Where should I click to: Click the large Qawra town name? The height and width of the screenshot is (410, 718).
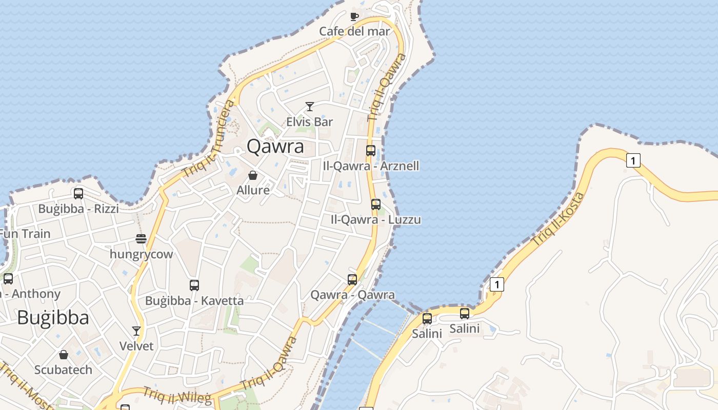pyautogui.click(x=275, y=147)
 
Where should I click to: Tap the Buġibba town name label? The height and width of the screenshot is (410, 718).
pyautogui.click(x=53, y=318)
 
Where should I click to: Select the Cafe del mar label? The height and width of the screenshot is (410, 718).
pyautogui.click(x=354, y=31)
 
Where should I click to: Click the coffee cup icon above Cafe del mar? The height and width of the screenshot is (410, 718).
pyautogui.click(x=354, y=16)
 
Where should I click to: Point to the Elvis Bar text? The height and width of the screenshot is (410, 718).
pyautogui.click(x=309, y=122)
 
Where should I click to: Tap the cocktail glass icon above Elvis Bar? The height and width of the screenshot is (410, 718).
pyautogui.click(x=309, y=107)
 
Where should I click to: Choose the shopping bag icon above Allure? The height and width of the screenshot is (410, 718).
pyautogui.click(x=253, y=175)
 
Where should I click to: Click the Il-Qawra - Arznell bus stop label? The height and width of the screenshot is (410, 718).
pyautogui.click(x=371, y=166)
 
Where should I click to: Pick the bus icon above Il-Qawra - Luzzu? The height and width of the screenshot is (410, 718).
pyautogui.click(x=376, y=204)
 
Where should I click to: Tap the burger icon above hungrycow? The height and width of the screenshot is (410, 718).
pyautogui.click(x=141, y=239)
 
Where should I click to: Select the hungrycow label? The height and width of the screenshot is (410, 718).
pyautogui.click(x=142, y=254)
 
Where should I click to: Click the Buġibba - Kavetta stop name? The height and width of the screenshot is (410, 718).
pyautogui.click(x=194, y=300)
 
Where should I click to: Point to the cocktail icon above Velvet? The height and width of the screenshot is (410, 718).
pyautogui.click(x=136, y=331)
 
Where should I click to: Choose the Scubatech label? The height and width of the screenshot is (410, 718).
pyautogui.click(x=63, y=370)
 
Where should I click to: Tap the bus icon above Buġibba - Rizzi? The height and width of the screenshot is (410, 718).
pyautogui.click(x=78, y=194)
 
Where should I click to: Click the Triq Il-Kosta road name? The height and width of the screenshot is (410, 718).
pyautogui.click(x=558, y=219)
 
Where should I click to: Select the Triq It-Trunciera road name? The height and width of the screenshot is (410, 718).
pyautogui.click(x=209, y=138)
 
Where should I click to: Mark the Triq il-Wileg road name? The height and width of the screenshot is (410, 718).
pyautogui.click(x=177, y=395)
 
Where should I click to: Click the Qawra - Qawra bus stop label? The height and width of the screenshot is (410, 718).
pyautogui.click(x=352, y=295)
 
